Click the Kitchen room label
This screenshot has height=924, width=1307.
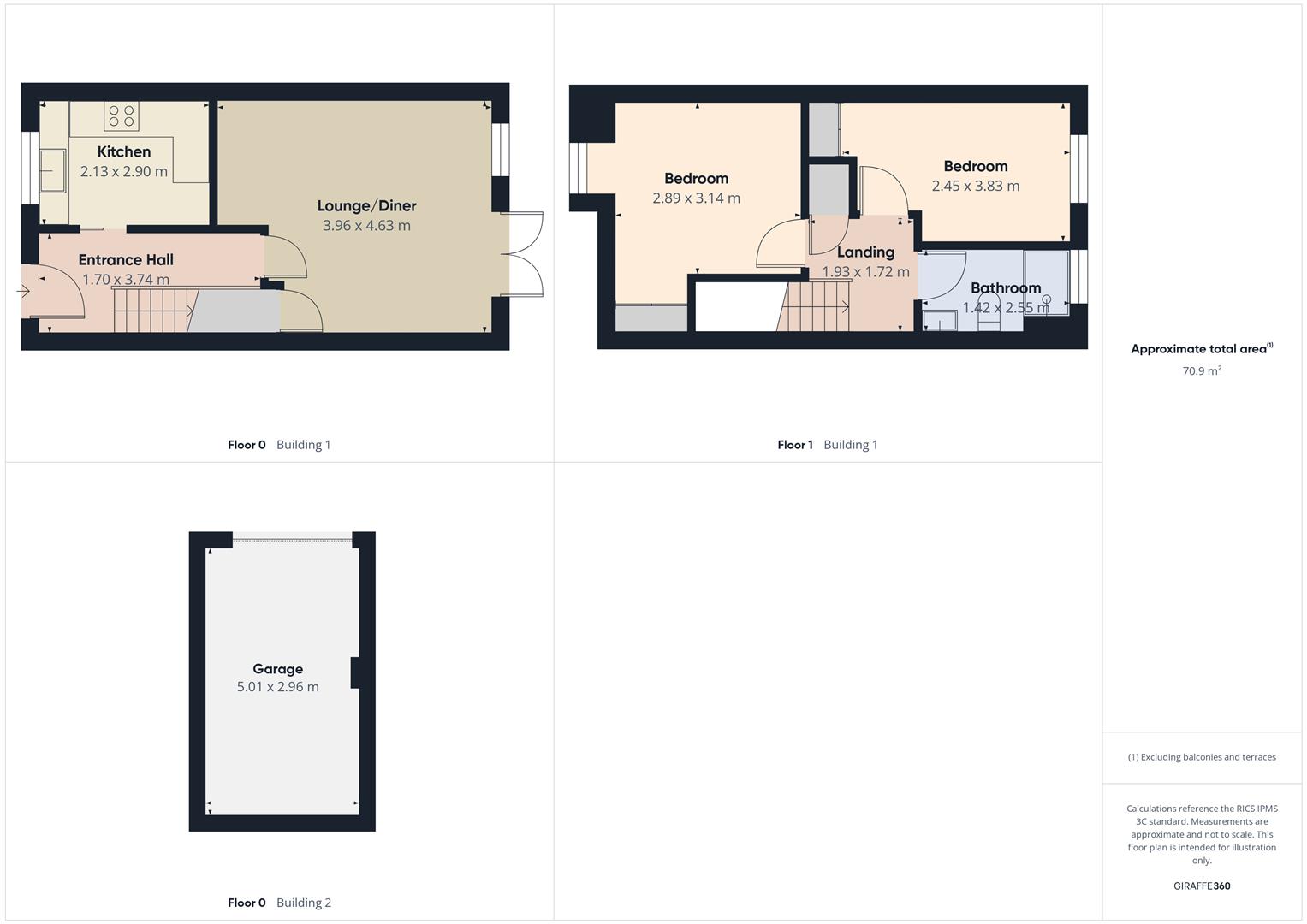124,151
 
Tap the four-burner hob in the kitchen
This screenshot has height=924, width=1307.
122,115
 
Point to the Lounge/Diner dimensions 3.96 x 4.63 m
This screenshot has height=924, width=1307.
366,226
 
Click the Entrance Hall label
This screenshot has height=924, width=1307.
126,259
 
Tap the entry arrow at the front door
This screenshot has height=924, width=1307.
23,292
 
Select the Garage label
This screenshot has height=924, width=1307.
277,669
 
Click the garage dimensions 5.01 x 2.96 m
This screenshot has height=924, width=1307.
277,687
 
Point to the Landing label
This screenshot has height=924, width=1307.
865,252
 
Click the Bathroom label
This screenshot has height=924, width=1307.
1006,287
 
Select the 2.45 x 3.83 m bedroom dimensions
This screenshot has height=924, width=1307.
976,186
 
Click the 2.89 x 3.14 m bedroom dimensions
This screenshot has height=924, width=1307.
696,198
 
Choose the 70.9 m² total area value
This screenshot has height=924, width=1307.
1202,370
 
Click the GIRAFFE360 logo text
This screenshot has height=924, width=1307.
1202,885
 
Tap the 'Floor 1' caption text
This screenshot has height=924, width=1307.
794,445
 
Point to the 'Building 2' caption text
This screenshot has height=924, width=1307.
304,903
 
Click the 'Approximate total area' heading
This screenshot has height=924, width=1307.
1199,349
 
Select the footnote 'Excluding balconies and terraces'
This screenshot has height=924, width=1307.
1202,757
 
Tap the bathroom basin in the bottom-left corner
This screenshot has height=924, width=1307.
940,322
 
